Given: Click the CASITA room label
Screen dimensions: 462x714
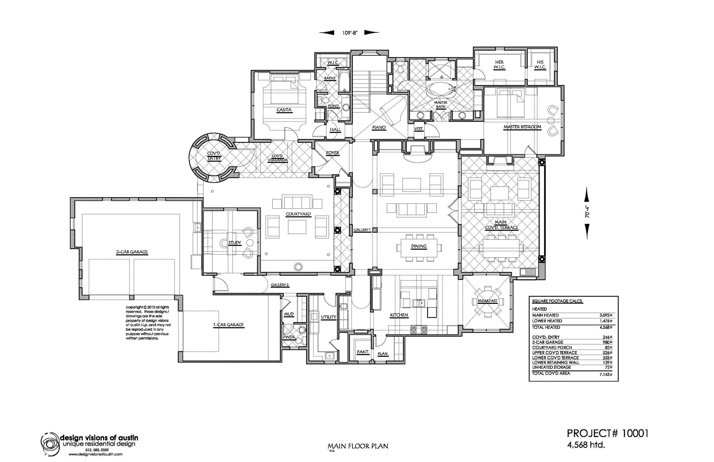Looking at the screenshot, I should tap(284, 110).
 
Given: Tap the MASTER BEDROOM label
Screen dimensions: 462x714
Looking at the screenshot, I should tap(522, 127).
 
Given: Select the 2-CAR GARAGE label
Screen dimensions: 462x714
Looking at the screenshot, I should tap(132, 252).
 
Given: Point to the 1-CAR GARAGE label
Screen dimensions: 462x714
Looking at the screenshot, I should tap(228, 325).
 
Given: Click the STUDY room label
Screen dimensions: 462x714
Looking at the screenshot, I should tap(235, 243).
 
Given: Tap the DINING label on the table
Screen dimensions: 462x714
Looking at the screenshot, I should tap(419, 246).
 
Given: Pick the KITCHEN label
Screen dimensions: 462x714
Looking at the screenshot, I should tap(399, 315).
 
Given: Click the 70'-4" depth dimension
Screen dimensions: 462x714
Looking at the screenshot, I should tap(587, 212).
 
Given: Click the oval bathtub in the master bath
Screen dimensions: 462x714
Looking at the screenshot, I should tap(441, 90).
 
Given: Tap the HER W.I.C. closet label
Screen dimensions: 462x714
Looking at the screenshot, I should tap(499, 65).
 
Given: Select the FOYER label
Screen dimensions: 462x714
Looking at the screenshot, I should tap(332, 153).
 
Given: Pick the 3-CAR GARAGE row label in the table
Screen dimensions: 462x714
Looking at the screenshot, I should tap(547, 342).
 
